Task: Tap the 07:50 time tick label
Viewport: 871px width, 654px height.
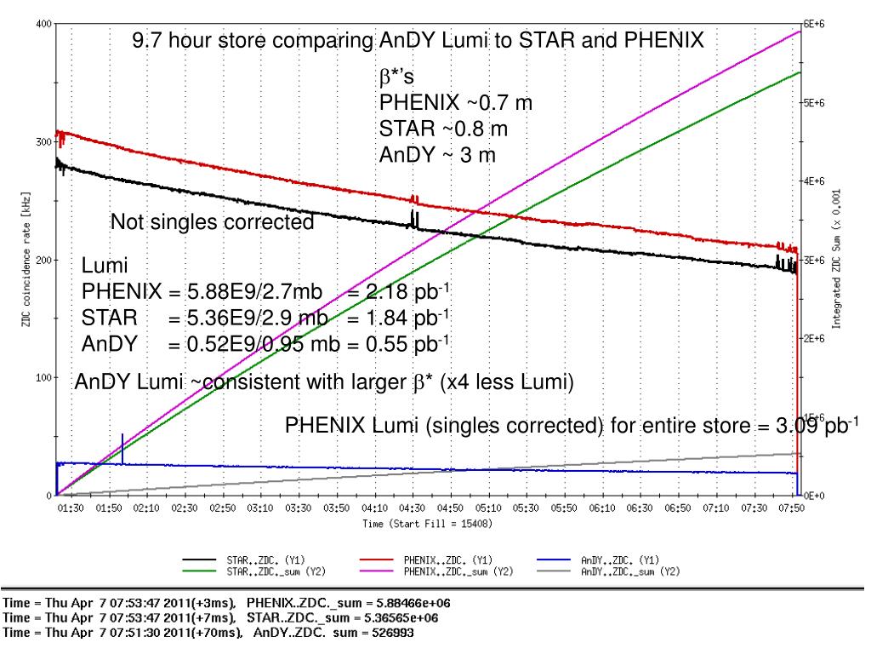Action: click(791, 508)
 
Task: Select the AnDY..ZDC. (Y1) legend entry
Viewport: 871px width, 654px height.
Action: click(613, 561)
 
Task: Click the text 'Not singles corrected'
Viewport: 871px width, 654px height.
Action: click(212, 223)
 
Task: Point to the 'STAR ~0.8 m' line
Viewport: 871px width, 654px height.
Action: click(443, 129)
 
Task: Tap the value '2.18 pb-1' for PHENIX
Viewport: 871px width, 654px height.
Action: click(408, 293)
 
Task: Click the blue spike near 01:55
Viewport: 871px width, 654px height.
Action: click(122, 447)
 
